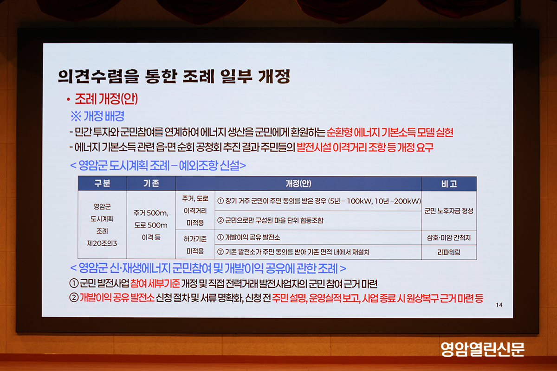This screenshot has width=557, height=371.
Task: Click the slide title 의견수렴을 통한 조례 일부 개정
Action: [174, 76]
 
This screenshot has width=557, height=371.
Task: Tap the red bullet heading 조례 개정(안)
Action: [106, 99]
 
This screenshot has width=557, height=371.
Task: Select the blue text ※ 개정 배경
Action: [97, 116]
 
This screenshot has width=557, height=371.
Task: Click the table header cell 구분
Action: [102, 183]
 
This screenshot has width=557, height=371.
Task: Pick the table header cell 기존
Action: [151, 183]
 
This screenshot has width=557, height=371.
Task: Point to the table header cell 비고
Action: [449, 184]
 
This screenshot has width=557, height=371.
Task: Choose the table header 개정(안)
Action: [298, 184]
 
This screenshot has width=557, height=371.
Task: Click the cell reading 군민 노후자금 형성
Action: [449, 211]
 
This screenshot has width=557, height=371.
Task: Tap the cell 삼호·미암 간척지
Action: [449, 238]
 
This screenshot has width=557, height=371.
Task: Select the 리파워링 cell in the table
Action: [449, 252]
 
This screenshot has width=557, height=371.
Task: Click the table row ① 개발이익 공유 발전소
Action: [248, 237]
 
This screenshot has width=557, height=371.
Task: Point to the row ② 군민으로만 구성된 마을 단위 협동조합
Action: [270, 220]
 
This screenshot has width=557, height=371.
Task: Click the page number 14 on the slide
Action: [499, 305]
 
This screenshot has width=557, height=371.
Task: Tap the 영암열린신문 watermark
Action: [483, 349]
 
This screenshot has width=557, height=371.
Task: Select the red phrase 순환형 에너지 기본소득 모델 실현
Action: [390, 132]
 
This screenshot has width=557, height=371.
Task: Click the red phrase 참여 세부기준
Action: [155, 283]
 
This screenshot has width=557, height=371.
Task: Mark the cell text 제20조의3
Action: [102, 243]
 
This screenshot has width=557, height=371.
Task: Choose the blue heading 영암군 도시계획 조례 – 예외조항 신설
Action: [158, 165]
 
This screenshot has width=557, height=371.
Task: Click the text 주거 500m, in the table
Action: [151, 213]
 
